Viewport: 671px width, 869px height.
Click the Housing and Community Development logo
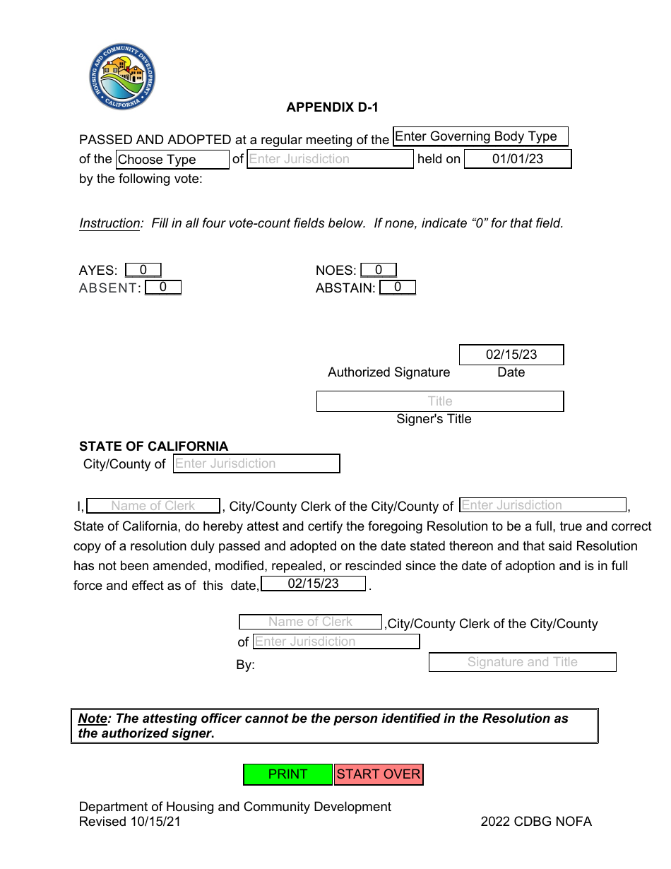pyautogui.click(x=122, y=76)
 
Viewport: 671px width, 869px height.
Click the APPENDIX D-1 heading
pyautogui.click(x=332, y=107)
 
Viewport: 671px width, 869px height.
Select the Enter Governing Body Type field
pyautogui.click(x=480, y=136)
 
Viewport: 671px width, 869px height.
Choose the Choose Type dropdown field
pyautogui.click(x=172, y=160)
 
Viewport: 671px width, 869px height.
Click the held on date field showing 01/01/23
pyautogui.click(x=517, y=159)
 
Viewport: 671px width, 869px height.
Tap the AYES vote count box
pyautogui.click(x=143, y=270)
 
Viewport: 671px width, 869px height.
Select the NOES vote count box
pyautogui.click(x=379, y=270)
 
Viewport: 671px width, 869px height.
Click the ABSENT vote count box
pyautogui.click(x=163, y=288)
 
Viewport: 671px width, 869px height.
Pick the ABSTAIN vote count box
pyautogui.click(x=398, y=288)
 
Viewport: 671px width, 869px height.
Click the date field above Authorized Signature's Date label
pyautogui.click(x=511, y=355)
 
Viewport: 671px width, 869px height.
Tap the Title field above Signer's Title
pyautogui.click(x=440, y=401)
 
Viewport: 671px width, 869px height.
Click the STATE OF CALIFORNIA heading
pyautogui.click(x=153, y=447)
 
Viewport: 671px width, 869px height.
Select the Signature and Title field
pyautogui.click(x=522, y=662)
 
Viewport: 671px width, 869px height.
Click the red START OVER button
pyautogui.click(x=379, y=774)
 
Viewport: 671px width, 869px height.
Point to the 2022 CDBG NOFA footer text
pyautogui.click(x=536, y=822)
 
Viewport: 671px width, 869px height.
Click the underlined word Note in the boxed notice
pyautogui.click(x=92, y=719)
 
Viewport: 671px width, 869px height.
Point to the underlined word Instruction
pyautogui.click(x=109, y=223)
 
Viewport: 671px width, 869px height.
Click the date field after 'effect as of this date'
pyautogui.click(x=313, y=584)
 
